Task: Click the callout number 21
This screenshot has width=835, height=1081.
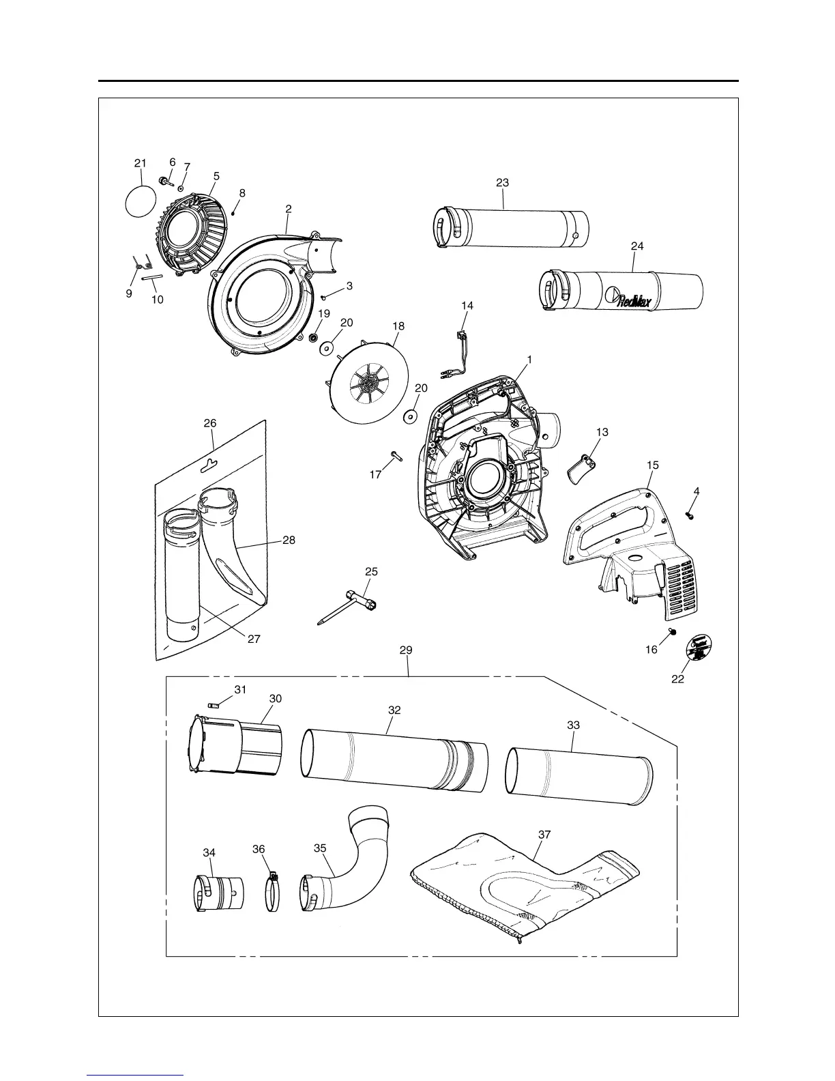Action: point(140,163)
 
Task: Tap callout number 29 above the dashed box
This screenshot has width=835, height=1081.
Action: point(406,650)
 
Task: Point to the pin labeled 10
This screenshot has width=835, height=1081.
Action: point(152,277)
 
